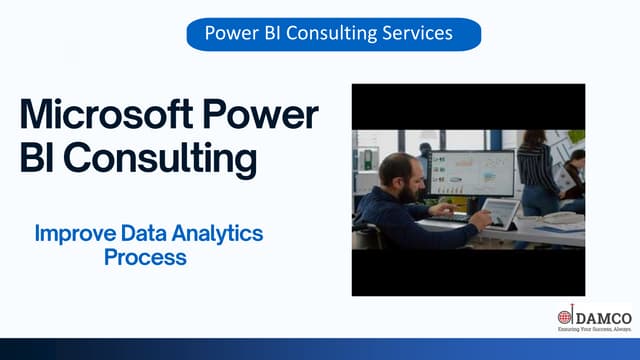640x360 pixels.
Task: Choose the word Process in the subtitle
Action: point(146,257)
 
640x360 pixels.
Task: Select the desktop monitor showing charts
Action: point(471,174)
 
